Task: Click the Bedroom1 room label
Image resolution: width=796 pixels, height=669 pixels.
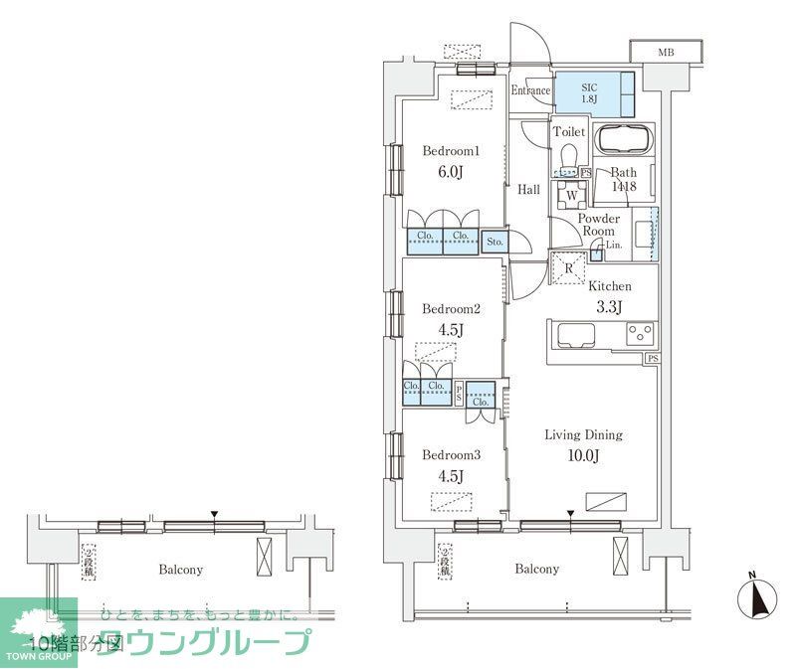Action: pyautogui.click(x=452, y=151)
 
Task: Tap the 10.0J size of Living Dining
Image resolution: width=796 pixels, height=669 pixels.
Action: pyautogui.click(x=583, y=455)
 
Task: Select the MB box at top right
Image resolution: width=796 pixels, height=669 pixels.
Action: pyautogui.click(x=665, y=53)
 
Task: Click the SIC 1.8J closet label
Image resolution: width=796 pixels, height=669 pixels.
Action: pyautogui.click(x=591, y=91)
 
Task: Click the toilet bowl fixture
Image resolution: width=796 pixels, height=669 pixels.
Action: pyautogui.click(x=568, y=158)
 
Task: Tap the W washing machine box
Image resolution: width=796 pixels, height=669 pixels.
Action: pyautogui.click(x=570, y=195)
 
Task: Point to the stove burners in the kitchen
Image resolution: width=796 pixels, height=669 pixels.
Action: pyautogui.click(x=640, y=335)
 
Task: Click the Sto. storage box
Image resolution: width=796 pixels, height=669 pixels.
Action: pyautogui.click(x=495, y=241)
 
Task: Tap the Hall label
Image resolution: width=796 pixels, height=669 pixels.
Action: pyautogui.click(x=528, y=190)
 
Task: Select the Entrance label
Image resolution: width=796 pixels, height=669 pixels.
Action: pyautogui.click(x=530, y=91)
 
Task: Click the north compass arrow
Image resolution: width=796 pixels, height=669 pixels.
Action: pyautogui.click(x=757, y=596)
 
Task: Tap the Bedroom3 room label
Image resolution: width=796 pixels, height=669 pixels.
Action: pyautogui.click(x=452, y=455)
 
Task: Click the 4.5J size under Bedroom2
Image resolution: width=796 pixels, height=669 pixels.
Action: pyautogui.click(x=450, y=330)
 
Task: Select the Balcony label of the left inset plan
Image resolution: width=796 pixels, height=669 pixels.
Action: pyautogui.click(x=181, y=570)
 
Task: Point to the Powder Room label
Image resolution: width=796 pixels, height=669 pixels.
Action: pyautogui.click(x=599, y=224)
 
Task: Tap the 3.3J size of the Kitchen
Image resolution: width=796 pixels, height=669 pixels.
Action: pyautogui.click(x=609, y=306)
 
